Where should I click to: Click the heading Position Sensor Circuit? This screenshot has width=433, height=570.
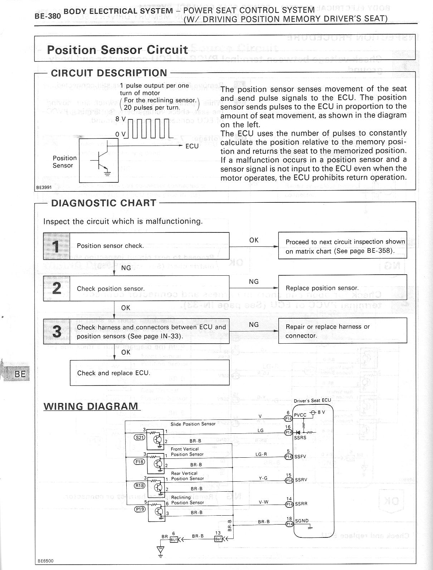(117, 49)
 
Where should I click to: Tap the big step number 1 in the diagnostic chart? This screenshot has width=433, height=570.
(56, 246)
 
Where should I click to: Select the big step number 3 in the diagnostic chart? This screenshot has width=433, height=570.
(57, 331)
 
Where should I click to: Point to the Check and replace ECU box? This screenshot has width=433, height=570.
(150, 373)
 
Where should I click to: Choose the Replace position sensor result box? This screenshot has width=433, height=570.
(342, 288)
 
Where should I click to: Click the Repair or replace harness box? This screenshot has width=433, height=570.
(342, 331)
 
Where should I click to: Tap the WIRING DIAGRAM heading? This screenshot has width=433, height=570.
(91, 406)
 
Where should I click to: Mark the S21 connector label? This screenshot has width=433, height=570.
(139, 437)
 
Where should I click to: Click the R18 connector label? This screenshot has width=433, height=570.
(139, 486)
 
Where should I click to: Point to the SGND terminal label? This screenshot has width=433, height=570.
(302, 521)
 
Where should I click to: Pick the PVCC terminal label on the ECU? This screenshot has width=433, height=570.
(300, 415)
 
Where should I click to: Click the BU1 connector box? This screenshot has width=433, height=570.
(174, 540)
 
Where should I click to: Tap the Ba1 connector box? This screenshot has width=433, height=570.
(218, 539)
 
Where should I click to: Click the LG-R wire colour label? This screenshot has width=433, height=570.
(261, 454)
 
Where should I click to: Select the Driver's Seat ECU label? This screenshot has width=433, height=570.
(312, 401)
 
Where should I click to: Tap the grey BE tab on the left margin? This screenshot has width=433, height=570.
(20, 374)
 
